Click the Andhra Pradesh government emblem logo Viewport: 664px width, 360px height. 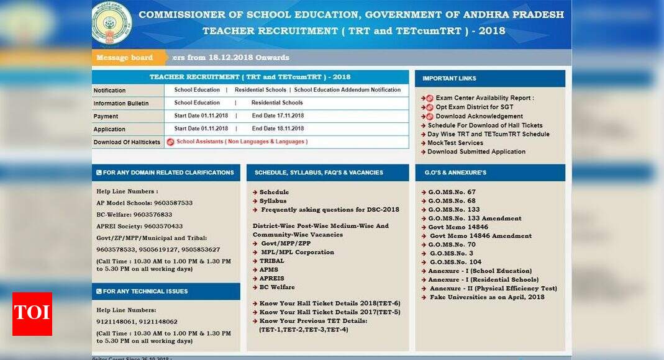coord(112,23)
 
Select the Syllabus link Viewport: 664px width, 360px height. coord(273,200)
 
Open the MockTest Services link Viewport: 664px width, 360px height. coord(455,143)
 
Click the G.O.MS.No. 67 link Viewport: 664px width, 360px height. coord(452,192)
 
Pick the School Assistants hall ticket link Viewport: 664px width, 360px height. coord(242,142)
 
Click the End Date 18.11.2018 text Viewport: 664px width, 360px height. coord(278,128)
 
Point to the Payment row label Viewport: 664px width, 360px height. coord(106,116)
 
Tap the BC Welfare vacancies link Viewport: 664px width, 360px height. coord(277,287)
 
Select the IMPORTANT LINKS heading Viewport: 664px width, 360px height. coord(449,78)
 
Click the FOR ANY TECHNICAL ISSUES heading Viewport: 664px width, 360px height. coord(145,291)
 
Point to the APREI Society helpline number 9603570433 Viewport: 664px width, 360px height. coord(139,226)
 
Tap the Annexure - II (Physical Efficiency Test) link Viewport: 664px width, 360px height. coord(493,288)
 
